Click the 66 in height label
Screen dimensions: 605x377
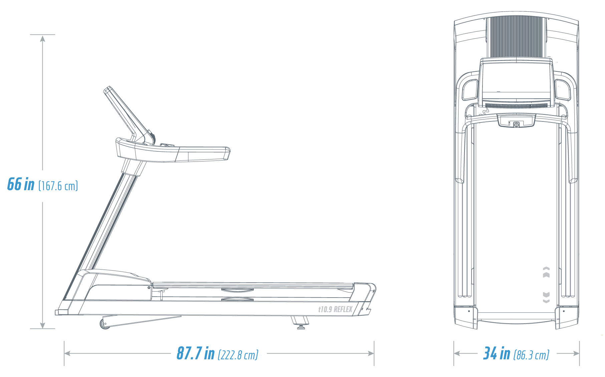coord(21,184)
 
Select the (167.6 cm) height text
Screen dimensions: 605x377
coord(58,186)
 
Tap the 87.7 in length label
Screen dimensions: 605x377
coord(196,353)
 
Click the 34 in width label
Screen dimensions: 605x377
coord(497,353)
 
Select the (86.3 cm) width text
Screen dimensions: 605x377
coord(531,355)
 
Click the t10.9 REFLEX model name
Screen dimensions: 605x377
coord(335,310)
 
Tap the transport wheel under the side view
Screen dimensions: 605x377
coord(105,324)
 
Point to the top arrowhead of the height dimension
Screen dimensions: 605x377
coord(42,38)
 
